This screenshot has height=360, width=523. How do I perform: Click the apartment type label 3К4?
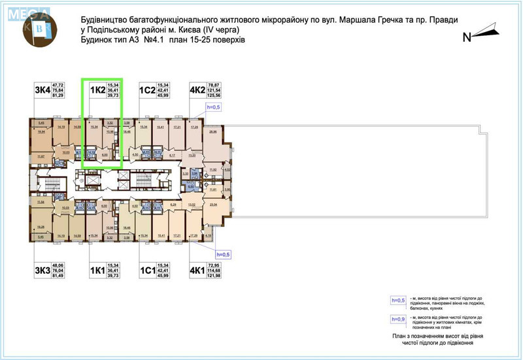click(43, 90)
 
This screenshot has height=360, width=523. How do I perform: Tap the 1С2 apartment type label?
click(147, 90)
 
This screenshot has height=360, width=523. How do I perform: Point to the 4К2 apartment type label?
click(197, 90)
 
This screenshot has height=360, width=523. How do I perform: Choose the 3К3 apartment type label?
click(43, 270)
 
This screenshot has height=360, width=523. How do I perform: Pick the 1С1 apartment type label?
click(147, 270)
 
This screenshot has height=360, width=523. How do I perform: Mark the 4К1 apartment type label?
click(197, 270)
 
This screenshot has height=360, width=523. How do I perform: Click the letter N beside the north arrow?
click(467, 37)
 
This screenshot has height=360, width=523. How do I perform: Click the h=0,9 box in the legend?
click(397, 319)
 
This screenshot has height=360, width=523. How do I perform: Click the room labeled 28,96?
click(212, 133)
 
